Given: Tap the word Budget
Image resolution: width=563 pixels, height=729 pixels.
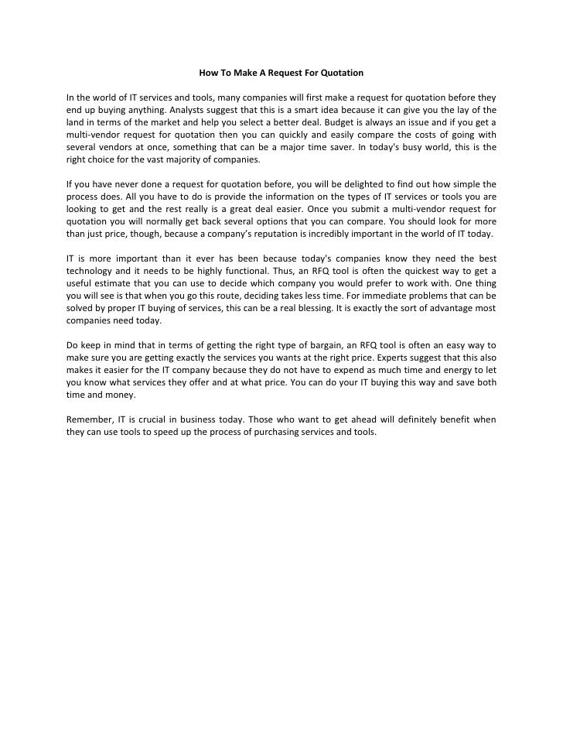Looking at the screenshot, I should click(344, 122).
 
